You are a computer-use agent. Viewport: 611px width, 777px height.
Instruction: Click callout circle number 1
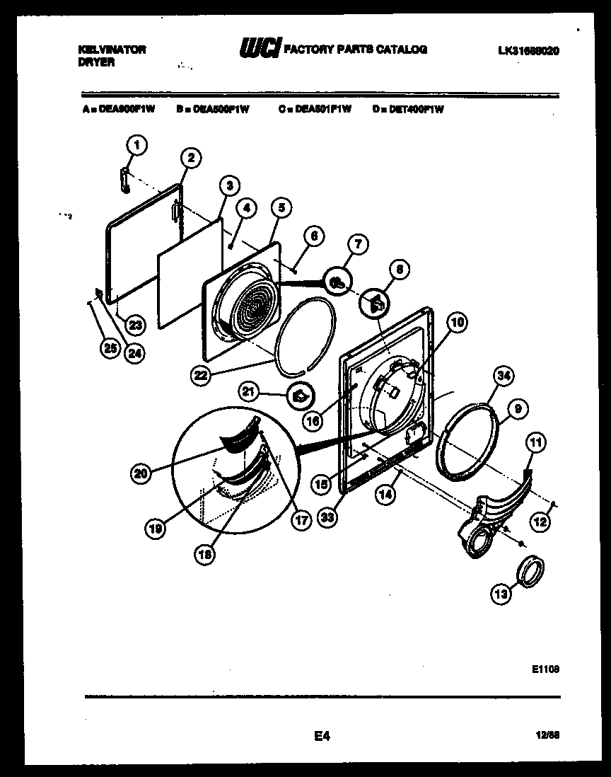click(137, 145)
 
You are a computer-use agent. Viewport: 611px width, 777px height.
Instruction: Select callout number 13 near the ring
click(501, 594)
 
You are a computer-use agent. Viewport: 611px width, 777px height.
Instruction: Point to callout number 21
click(268, 391)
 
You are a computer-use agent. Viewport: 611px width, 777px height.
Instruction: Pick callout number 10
click(458, 323)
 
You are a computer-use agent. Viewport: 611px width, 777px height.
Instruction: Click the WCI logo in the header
click(260, 49)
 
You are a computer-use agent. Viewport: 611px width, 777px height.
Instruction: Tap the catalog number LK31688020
click(529, 50)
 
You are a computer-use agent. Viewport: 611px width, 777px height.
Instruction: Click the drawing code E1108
click(546, 667)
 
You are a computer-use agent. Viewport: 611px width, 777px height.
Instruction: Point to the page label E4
click(322, 737)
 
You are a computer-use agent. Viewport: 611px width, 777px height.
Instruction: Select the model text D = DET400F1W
click(407, 110)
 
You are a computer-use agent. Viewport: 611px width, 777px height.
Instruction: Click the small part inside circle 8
click(376, 304)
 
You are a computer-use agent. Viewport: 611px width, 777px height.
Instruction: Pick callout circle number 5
click(281, 207)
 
